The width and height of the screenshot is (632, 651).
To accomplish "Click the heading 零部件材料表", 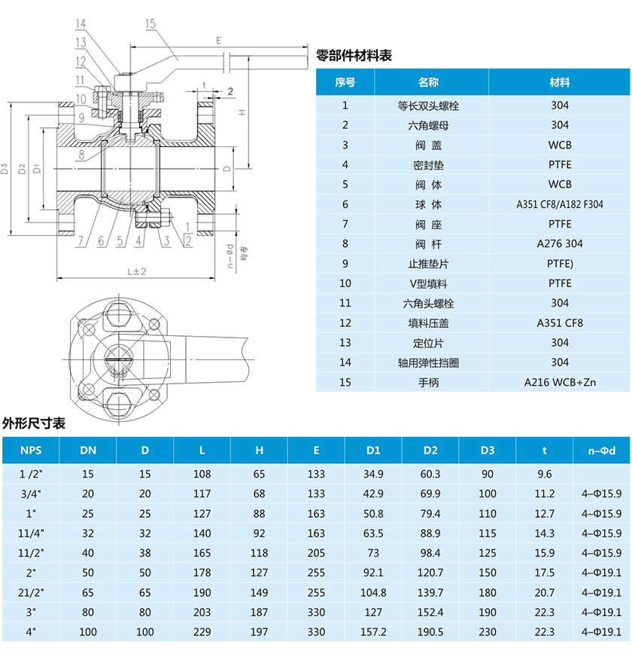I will click(x=354, y=55).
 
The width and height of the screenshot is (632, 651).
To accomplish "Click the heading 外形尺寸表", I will click(x=34, y=423).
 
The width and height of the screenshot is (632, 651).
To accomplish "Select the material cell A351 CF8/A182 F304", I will click(x=560, y=204).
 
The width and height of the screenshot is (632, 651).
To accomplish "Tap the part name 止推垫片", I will click(x=429, y=264).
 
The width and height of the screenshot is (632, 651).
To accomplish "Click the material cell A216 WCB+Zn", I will click(x=560, y=382).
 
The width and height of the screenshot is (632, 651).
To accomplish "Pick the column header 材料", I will click(x=560, y=82).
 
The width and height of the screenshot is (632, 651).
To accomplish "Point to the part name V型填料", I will click(x=429, y=283).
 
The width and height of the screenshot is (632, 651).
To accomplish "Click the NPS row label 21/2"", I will click(x=31, y=592).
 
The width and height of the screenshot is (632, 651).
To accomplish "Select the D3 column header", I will click(x=488, y=451).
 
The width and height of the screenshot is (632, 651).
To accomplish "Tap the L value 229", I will click(x=202, y=631).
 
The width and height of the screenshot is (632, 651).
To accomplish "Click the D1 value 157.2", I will click(x=373, y=631).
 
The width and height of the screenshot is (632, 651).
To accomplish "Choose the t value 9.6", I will click(x=545, y=475).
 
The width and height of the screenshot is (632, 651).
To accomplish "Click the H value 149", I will click(x=259, y=592).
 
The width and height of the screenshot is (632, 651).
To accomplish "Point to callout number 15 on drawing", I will click(x=150, y=24).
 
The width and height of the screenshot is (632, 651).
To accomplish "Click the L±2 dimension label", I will click(x=136, y=270).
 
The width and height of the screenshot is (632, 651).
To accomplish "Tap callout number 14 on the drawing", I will click(x=81, y=24).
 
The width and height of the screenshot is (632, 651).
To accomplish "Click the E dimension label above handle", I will click(x=217, y=39).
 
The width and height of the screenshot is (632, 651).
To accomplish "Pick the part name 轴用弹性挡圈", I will click(x=429, y=362).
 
